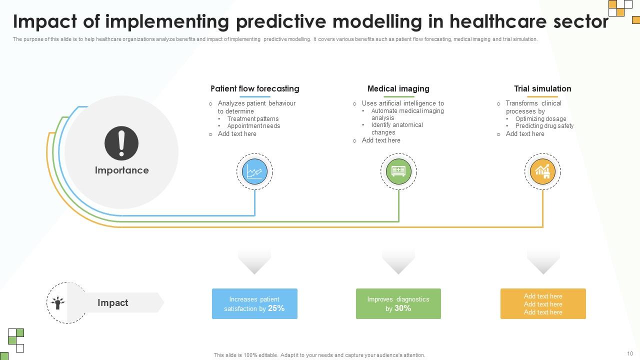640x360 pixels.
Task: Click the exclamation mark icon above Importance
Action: coord(121,143)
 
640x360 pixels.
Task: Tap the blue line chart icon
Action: coord(254,171)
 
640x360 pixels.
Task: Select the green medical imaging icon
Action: coord(398,171)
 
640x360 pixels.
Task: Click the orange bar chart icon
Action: coord(542,171)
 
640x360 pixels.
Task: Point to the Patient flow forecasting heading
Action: coord(254,88)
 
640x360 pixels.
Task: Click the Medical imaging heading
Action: coord(398,88)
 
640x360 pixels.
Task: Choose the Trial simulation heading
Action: coord(542,88)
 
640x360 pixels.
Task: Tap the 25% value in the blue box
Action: coord(276,308)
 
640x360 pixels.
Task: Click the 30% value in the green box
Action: coord(402,308)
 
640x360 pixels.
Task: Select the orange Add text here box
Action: coord(543,304)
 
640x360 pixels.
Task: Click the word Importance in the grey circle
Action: coord(121,170)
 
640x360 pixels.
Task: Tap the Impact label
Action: coord(112,302)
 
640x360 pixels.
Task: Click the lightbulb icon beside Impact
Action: coord(57,302)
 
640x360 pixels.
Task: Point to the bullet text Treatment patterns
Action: coord(252,119)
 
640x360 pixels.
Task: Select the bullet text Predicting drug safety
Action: coord(544,126)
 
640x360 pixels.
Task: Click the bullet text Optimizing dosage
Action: coord(540,119)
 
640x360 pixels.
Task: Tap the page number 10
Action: coord(629,353)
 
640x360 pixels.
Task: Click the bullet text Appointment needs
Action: coord(253,126)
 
